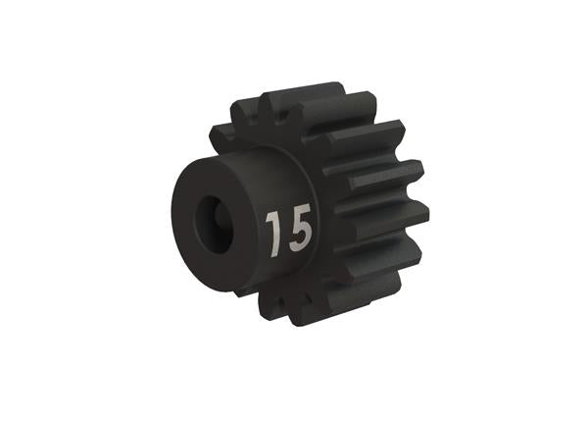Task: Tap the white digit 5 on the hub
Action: click(x=299, y=230)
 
